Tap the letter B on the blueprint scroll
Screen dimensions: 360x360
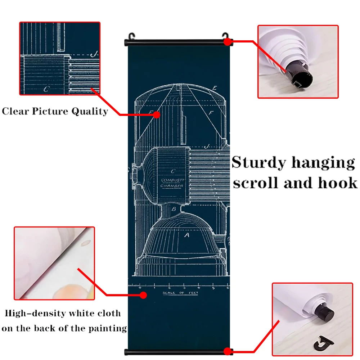pos(174,209)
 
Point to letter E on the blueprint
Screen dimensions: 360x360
pos(215,88)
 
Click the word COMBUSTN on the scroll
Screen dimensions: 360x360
pos(172,180)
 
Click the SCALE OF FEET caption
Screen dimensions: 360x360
pos(180,293)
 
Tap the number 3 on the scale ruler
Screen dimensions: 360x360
pos(184,288)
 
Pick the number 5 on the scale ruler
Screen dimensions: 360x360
pos(213,288)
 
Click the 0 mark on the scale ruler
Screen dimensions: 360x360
pos(140,288)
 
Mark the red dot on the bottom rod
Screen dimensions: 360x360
pos(227,351)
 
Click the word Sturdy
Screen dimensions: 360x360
pos(259,163)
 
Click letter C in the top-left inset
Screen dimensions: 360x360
pos(46,89)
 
